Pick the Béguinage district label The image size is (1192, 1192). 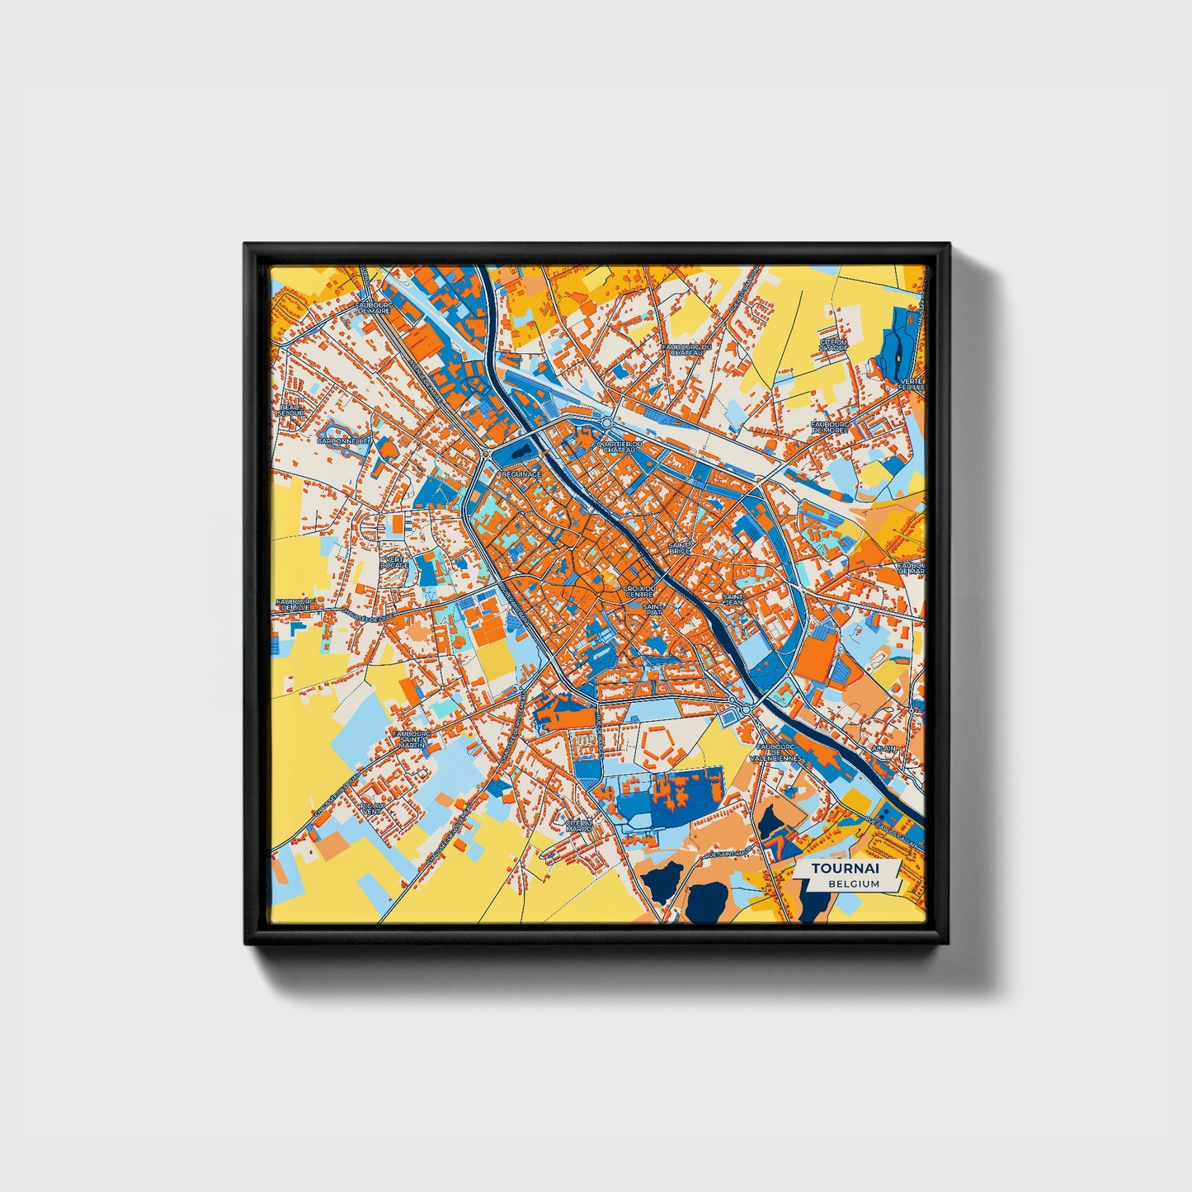pos(521,474)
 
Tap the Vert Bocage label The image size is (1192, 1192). pos(393,562)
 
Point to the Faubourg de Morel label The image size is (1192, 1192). pos(832,427)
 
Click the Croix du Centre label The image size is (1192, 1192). pos(639,591)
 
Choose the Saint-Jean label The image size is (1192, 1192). pos(733,600)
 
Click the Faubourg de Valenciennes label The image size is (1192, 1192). pos(775,751)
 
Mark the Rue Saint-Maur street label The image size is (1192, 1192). pos(725,855)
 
